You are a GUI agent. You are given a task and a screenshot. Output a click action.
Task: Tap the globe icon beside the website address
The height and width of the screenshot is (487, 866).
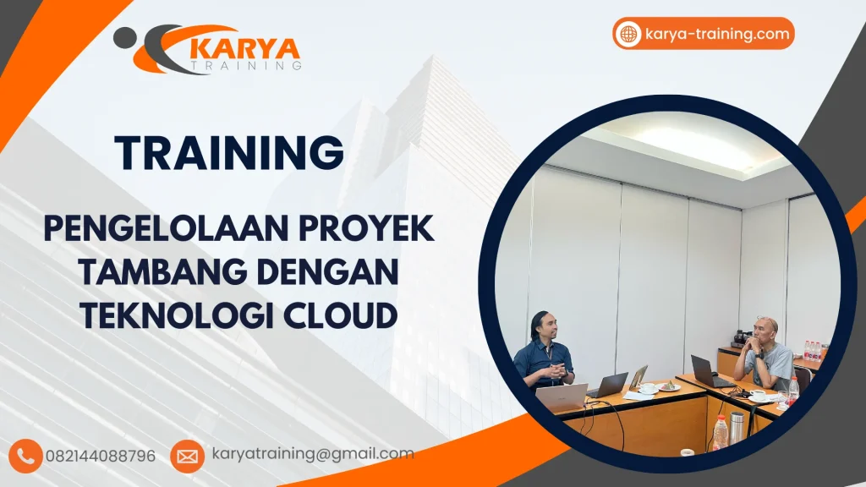click(x=628, y=35)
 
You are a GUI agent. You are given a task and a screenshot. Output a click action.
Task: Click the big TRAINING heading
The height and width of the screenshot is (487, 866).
click(x=229, y=153)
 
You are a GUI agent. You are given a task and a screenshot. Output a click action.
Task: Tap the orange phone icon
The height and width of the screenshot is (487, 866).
click(x=28, y=456)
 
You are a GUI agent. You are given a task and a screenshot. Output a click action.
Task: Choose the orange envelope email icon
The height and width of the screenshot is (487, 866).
click(x=187, y=457)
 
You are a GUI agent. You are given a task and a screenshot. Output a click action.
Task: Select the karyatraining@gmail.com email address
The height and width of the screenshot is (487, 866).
click(x=313, y=454)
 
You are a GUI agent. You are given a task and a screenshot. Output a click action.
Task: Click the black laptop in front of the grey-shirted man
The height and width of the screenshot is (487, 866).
click(x=707, y=370)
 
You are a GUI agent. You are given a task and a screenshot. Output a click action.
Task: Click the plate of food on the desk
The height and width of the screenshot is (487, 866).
click(x=668, y=386)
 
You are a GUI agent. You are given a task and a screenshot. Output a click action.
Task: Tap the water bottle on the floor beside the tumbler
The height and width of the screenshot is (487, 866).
click(x=720, y=432)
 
